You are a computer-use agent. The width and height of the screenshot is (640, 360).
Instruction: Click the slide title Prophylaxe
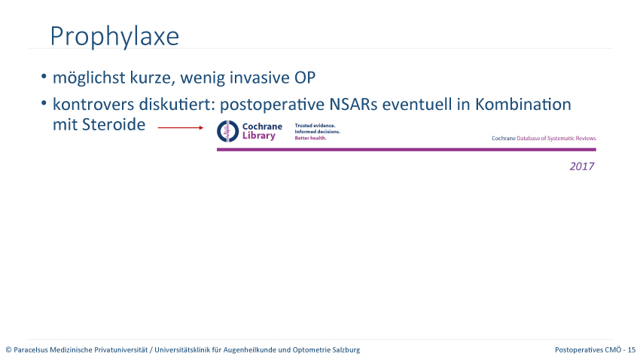(114, 37)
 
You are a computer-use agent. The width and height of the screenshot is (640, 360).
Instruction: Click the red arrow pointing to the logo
(181, 128)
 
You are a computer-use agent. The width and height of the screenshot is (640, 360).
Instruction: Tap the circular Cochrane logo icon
(227, 131)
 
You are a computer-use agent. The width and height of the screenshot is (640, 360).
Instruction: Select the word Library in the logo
(259, 136)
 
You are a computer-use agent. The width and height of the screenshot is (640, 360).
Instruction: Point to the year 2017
(582, 166)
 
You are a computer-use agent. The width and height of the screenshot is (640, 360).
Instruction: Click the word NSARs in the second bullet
(353, 105)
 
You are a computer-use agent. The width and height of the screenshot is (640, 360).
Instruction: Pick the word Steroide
(114, 124)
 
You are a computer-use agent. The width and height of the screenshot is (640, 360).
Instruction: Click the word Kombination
(523, 105)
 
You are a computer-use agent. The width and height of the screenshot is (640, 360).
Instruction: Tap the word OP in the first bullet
(305, 78)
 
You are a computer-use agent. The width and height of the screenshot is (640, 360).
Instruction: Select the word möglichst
(89, 78)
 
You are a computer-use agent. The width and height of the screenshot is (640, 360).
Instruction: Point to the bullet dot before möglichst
(44, 76)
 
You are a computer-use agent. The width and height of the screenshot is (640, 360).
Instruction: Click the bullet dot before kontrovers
(44, 103)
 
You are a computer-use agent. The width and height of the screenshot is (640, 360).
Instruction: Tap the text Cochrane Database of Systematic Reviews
(544, 139)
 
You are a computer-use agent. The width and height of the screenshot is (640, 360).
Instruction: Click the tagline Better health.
(311, 138)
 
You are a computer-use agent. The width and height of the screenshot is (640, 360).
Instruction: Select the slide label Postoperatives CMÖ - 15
(595, 349)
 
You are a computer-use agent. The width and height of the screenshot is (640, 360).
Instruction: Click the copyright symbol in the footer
(8, 349)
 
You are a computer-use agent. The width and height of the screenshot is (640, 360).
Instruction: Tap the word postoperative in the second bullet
(273, 105)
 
